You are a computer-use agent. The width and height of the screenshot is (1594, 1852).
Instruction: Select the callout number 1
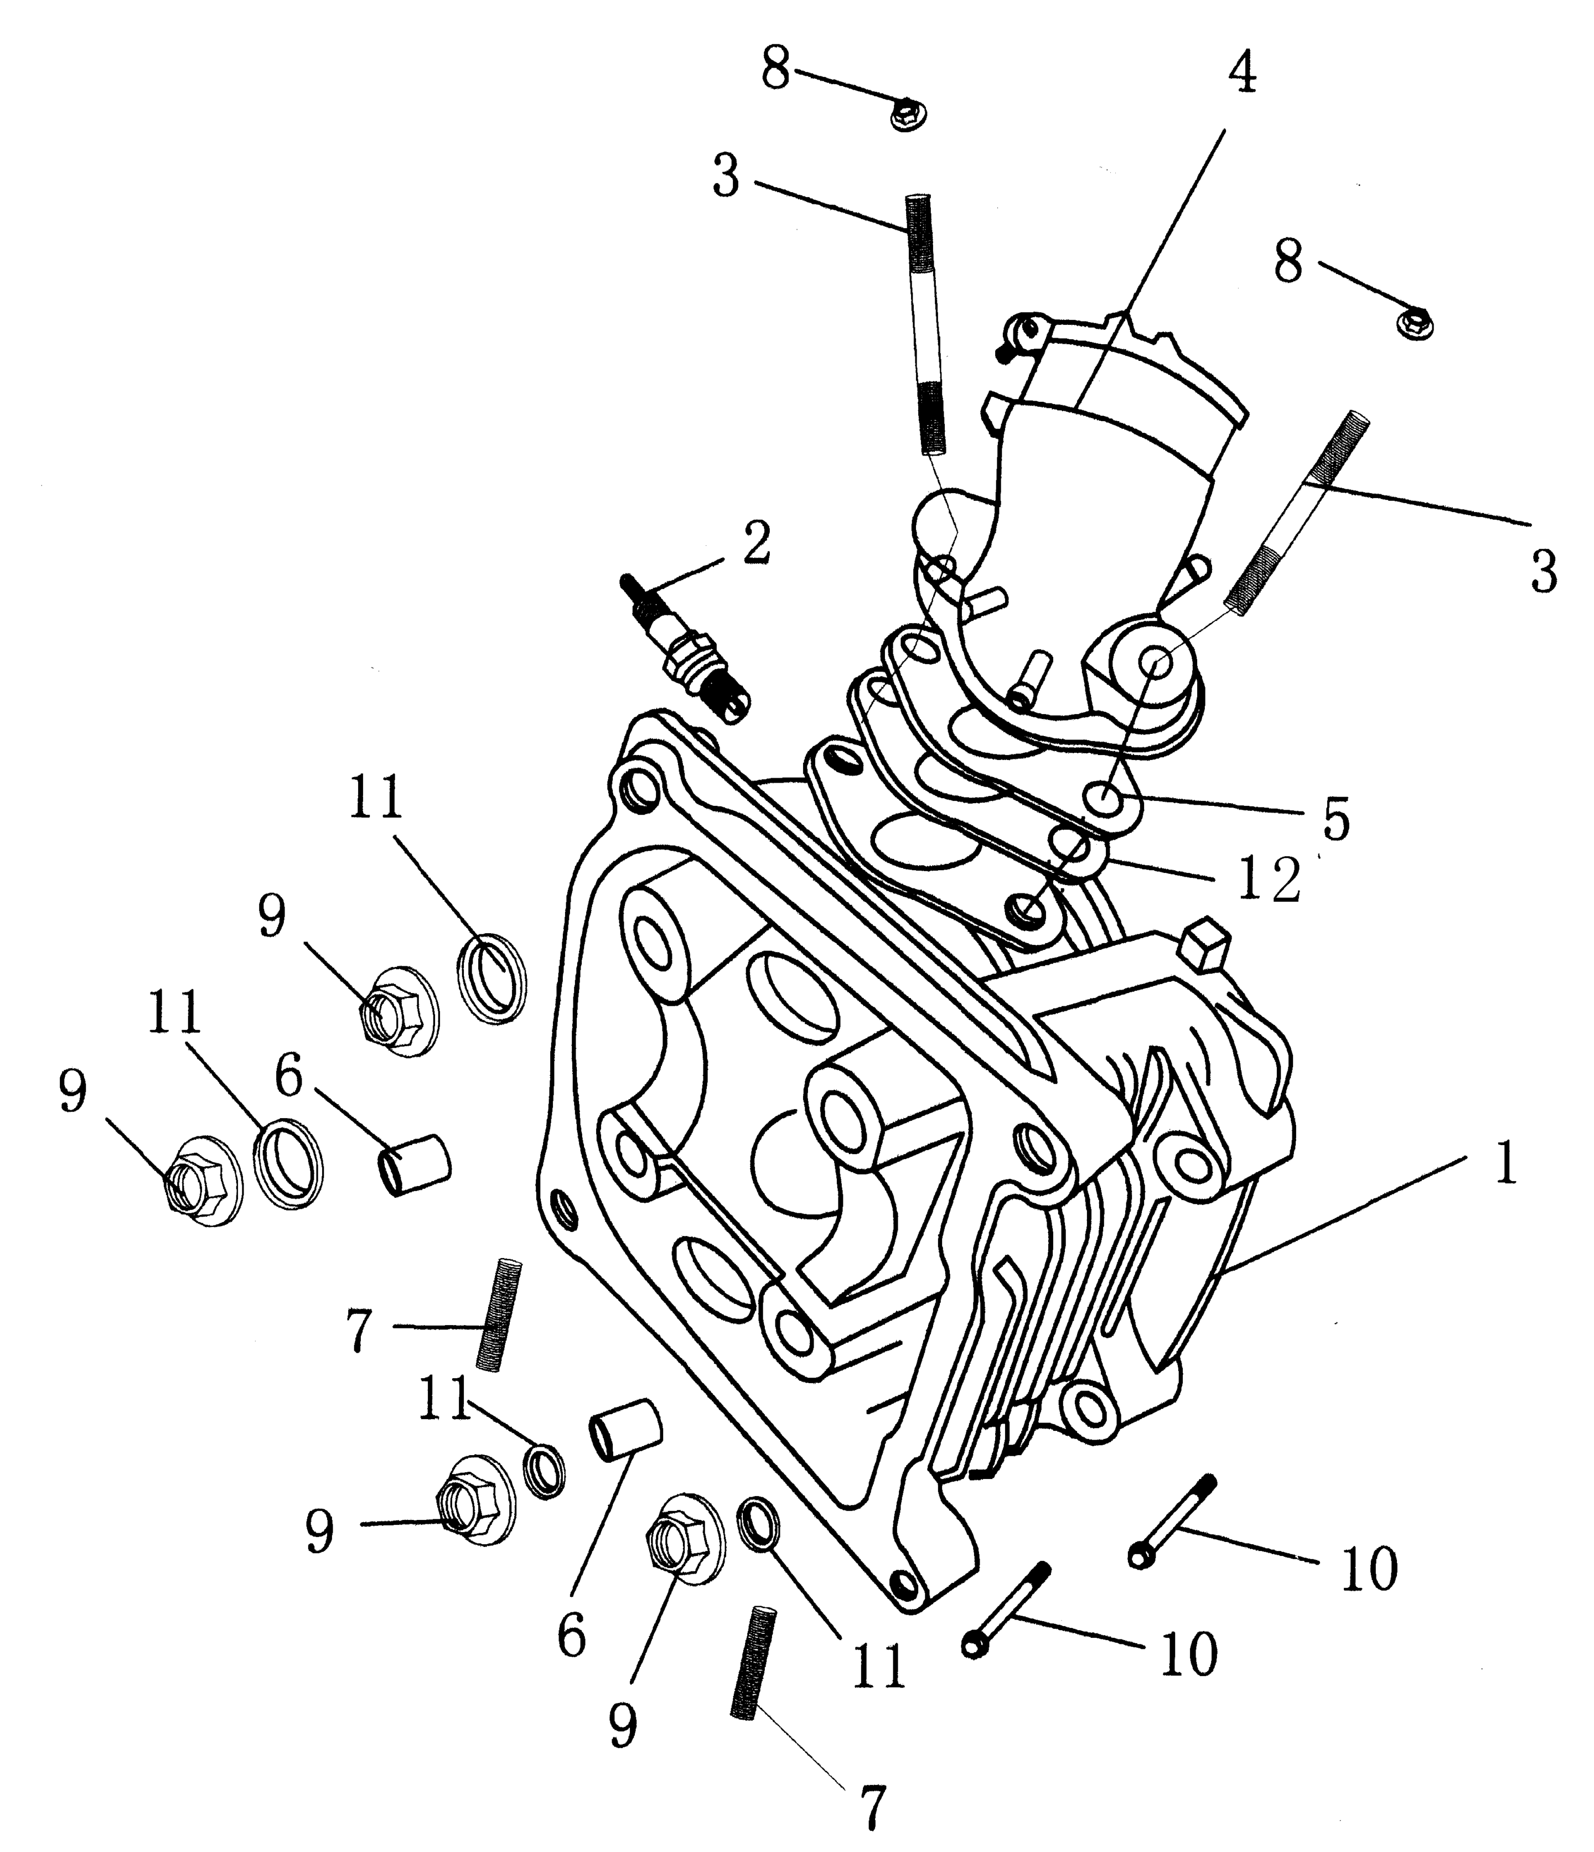coord(1505,1166)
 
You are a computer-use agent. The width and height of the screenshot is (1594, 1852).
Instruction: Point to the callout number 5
coord(1336,820)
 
